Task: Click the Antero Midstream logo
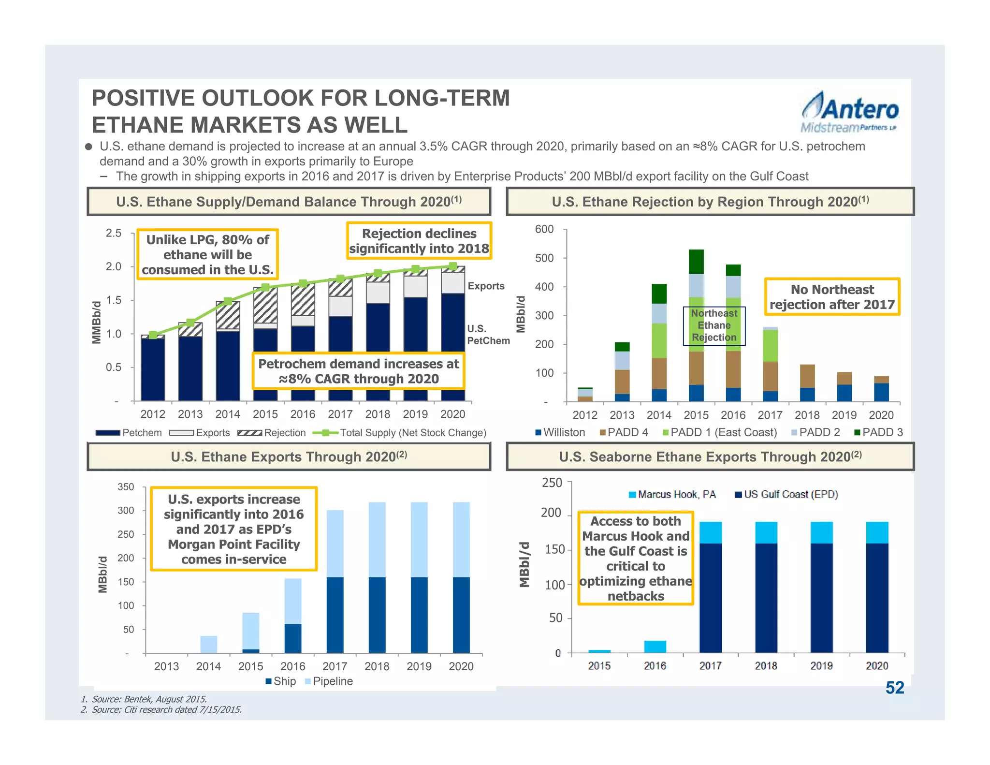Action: pyautogui.click(x=849, y=113)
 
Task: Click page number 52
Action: pyautogui.click(x=894, y=688)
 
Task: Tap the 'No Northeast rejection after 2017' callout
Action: pyautogui.click(x=832, y=297)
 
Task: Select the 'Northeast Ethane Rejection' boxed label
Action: pyautogui.click(x=714, y=325)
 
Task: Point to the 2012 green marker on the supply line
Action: pyautogui.click(x=153, y=335)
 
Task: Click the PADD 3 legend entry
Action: pyautogui.click(x=878, y=432)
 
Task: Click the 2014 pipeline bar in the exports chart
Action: pyautogui.click(x=208, y=644)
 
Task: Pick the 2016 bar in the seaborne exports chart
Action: pyautogui.click(x=655, y=647)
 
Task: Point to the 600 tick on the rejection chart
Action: pyautogui.click(x=544, y=229)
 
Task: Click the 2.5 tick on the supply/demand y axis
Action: pyautogui.click(x=114, y=233)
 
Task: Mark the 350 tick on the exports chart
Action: pyautogui.click(x=126, y=487)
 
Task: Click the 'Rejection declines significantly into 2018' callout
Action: pyautogui.click(x=419, y=241)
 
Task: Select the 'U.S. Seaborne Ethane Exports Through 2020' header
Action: pyautogui.click(x=710, y=457)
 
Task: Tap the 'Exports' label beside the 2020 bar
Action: pyautogui.click(x=486, y=286)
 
